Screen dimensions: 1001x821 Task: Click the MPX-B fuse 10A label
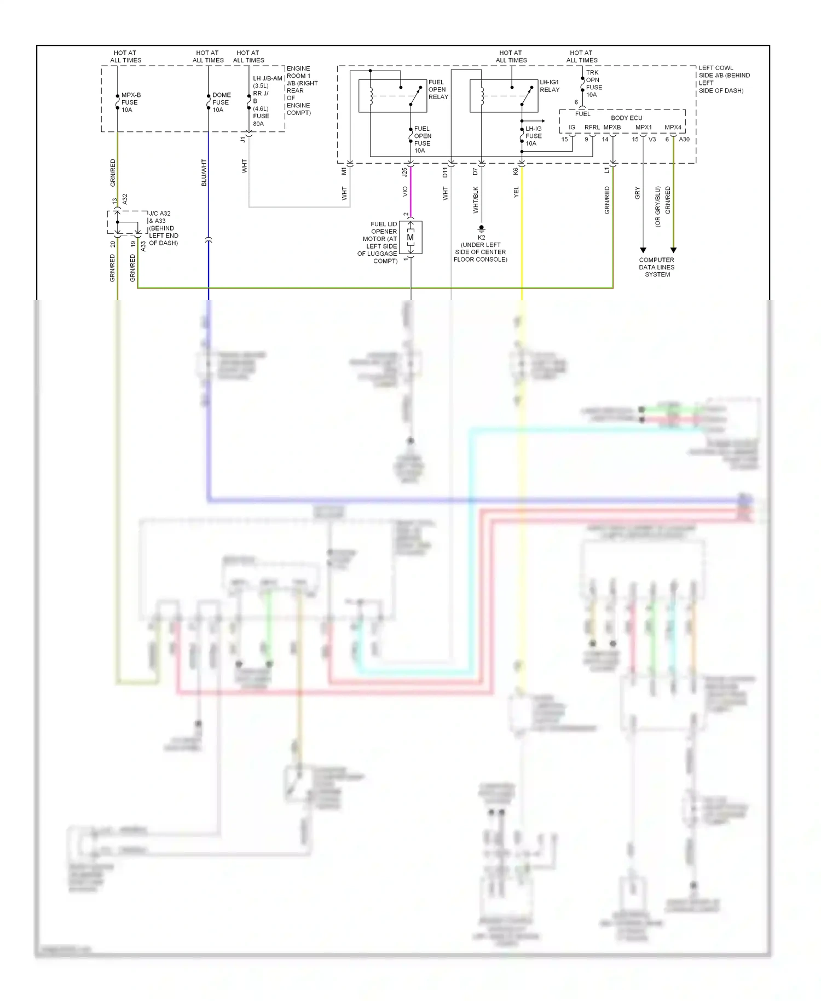click(130, 102)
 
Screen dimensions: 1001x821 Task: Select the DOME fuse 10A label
click(221, 102)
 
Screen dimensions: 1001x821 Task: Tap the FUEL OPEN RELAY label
click(438, 90)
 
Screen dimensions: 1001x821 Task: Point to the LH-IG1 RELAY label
click(550, 86)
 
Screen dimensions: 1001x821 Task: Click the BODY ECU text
click(626, 118)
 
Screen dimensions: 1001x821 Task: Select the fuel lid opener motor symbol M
click(410, 238)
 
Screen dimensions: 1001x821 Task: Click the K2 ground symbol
click(481, 228)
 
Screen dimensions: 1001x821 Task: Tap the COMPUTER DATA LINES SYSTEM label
click(656, 267)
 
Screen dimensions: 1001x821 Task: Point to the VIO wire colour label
click(405, 192)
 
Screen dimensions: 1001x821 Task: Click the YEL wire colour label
click(516, 192)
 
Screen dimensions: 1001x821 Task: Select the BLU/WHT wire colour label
click(204, 172)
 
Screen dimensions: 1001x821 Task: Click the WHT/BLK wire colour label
click(476, 199)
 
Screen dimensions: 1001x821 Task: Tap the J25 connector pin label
click(404, 172)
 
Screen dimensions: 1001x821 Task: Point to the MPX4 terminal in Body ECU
click(673, 128)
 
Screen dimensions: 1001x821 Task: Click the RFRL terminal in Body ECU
click(592, 128)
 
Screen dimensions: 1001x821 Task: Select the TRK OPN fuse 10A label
click(593, 83)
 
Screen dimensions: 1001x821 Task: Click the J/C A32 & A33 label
click(163, 228)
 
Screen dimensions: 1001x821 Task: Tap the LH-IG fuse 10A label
click(533, 136)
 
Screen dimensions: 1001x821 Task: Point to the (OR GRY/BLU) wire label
click(658, 206)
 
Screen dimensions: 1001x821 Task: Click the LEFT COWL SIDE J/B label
click(724, 79)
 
